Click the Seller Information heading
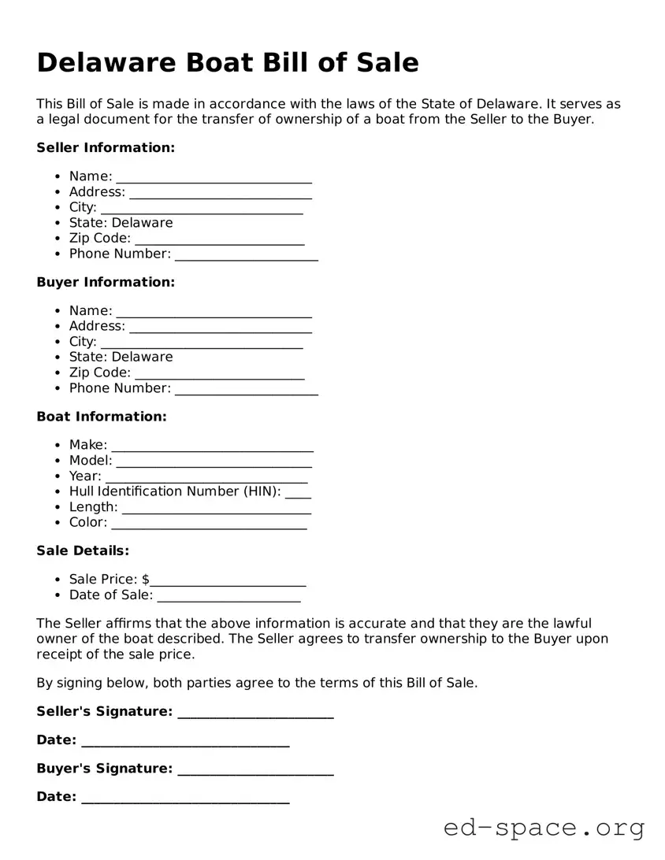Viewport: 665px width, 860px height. pyautogui.click(x=106, y=147)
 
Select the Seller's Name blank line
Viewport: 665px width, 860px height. pyautogui.click(x=214, y=179)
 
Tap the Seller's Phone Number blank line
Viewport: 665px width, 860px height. pyautogui.click(x=246, y=256)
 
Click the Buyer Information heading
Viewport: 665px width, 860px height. pyautogui.click(x=106, y=282)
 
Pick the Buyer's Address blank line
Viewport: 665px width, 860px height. pyautogui.click(x=220, y=328)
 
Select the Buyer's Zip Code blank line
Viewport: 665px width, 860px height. pyautogui.click(x=219, y=375)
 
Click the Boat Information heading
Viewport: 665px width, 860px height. pyautogui.click(x=102, y=417)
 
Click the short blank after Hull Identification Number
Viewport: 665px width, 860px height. pyautogui.click(x=298, y=494)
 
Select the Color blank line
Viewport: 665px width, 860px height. pyautogui.click(x=209, y=525)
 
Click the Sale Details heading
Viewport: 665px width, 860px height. pyautogui.click(x=83, y=550)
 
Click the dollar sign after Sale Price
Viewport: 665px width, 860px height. pyautogui.click(x=146, y=580)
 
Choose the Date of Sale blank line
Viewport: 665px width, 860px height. pyautogui.click(x=229, y=598)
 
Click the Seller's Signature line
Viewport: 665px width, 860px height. pyautogui.click(x=255, y=714)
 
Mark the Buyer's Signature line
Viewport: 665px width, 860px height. pyautogui.click(x=255, y=771)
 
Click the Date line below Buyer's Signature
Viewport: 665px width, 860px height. pyautogui.click(x=185, y=799)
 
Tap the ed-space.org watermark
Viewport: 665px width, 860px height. pyautogui.click(x=544, y=828)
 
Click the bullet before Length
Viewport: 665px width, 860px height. pyautogui.click(x=59, y=507)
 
